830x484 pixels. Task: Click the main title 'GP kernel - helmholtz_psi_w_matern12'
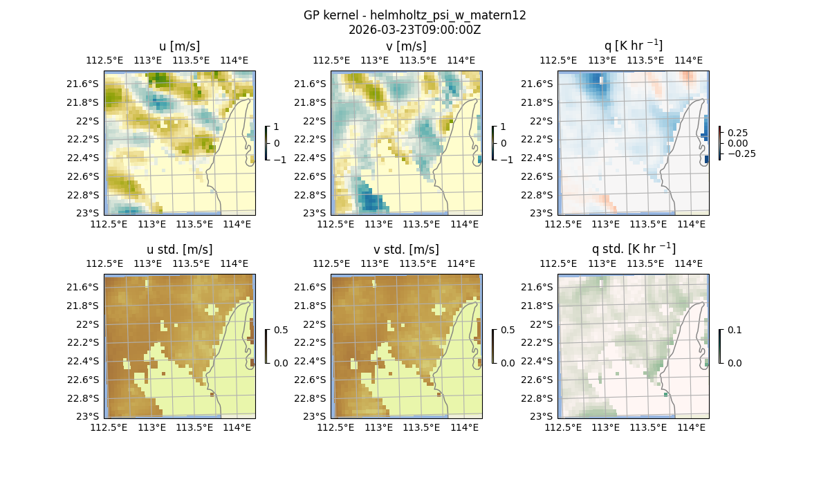[x=414, y=15]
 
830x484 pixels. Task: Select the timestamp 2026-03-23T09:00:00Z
[x=414, y=30]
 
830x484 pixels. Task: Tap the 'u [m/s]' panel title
[x=179, y=46]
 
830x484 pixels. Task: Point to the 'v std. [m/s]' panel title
[x=406, y=250]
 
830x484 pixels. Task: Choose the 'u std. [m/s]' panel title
[x=179, y=250]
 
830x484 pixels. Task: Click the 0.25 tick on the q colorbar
[x=737, y=133]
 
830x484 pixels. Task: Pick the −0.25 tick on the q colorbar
[x=741, y=153]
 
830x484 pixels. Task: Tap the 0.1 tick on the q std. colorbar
[x=733, y=331]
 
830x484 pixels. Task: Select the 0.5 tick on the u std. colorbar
[x=281, y=331]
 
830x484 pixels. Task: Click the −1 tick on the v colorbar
[x=507, y=160]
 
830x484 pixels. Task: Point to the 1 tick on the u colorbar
[x=277, y=127]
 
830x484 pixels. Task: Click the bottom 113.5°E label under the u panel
[x=194, y=224]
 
